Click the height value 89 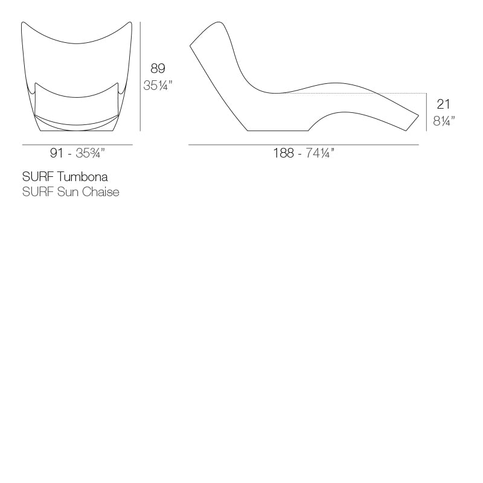(158, 69)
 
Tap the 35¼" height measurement (158, 86)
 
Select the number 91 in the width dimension (57, 153)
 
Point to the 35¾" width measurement (91, 153)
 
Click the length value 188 (283, 153)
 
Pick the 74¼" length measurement (320, 153)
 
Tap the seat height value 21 (443, 104)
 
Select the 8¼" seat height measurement (444, 121)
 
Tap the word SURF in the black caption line (37, 177)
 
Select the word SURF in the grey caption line (37, 192)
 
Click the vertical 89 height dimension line (140, 76)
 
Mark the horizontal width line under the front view (77, 145)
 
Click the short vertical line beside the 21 (427, 112)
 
